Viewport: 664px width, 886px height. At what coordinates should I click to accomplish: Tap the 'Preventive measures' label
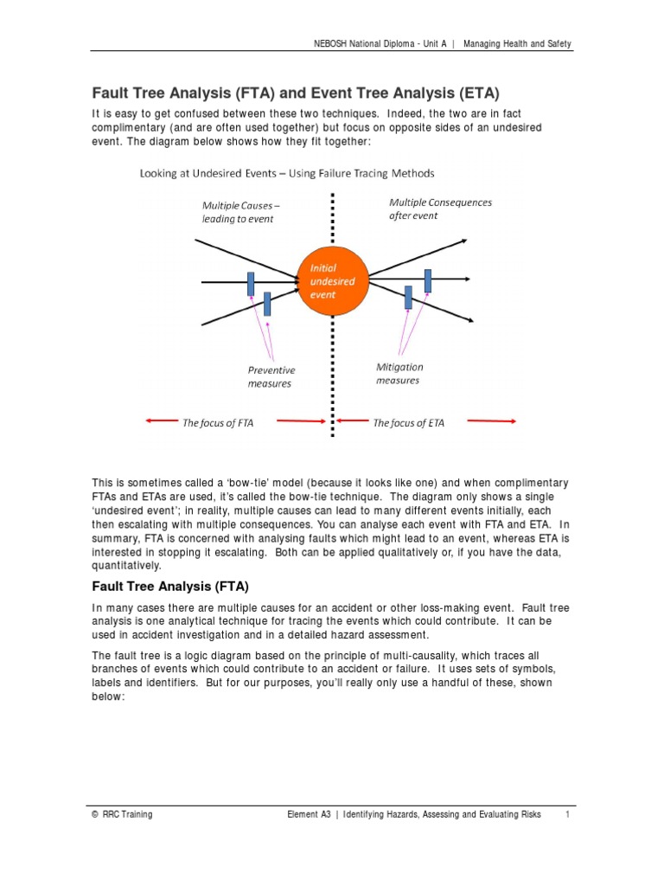pyautogui.click(x=271, y=376)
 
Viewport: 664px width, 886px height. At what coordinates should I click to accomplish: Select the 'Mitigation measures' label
pyautogui.click(x=399, y=373)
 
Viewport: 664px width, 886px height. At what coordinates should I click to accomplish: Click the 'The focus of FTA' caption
pyautogui.click(x=217, y=423)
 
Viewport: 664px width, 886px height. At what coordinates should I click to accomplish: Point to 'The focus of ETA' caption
pyautogui.click(x=408, y=423)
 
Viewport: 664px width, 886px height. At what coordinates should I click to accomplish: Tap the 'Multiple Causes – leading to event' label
pyautogui.click(x=240, y=212)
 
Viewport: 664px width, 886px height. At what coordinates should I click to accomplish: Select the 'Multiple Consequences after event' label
pyautogui.click(x=440, y=209)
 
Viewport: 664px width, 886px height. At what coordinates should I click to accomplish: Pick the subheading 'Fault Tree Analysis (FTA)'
pyautogui.click(x=163, y=587)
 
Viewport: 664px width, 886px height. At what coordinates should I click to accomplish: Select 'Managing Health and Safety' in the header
pyautogui.click(x=517, y=43)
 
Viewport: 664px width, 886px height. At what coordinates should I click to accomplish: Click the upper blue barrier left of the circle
pyautogui.click(x=251, y=283)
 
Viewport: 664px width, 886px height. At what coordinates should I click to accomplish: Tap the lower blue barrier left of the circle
pyautogui.click(x=267, y=303)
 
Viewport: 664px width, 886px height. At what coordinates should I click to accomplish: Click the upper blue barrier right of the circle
pyautogui.click(x=427, y=279)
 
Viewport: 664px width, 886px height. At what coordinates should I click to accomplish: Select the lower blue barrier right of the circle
pyautogui.click(x=408, y=297)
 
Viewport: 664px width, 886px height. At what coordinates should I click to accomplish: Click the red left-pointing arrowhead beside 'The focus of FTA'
pyautogui.click(x=150, y=421)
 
